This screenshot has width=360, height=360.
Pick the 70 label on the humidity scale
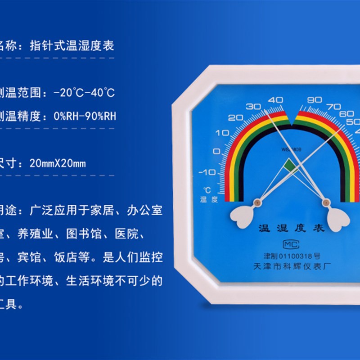point(334,107)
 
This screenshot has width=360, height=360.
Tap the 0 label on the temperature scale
point(216,151)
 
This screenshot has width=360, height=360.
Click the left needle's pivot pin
point(256,203)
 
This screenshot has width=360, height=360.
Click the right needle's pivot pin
point(324,203)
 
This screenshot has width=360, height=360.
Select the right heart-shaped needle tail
point(338,218)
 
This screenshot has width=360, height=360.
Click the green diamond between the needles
point(290,165)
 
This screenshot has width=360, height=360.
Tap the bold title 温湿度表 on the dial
point(291,228)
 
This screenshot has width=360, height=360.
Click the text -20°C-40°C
point(84,93)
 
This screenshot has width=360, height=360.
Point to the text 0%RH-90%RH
point(85,116)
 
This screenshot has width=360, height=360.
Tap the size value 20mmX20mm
point(57,163)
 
